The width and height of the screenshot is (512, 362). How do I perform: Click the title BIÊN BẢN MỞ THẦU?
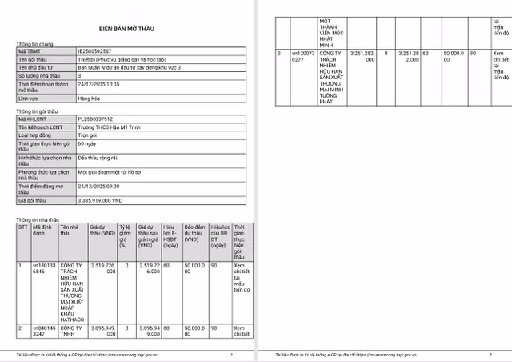pyautogui.click(x=128, y=28)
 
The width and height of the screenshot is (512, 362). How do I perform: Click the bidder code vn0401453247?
pyautogui.click(x=43, y=332)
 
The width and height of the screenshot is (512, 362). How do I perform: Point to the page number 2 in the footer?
pyautogui.click(x=490, y=353)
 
